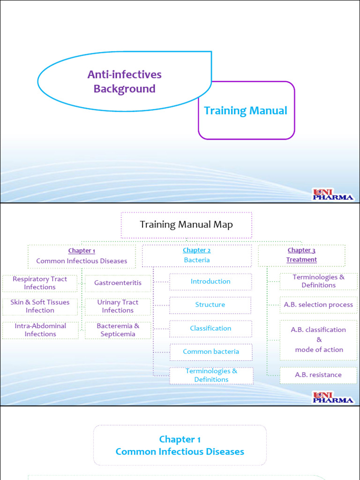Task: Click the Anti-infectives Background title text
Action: (x=124, y=82)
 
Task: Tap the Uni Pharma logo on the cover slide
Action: (x=332, y=195)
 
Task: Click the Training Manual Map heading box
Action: (x=187, y=225)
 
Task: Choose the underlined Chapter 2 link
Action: (x=196, y=250)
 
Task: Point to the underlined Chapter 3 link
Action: (x=301, y=250)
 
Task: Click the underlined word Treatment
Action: (x=301, y=260)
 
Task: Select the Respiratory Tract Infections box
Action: (x=40, y=283)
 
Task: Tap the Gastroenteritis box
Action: (x=118, y=283)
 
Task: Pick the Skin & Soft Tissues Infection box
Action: (x=40, y=307)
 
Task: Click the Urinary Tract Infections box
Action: (x=118, y=307)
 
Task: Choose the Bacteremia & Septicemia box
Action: (x=118, y=330)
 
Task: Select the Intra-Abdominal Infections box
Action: (x=40, y=330)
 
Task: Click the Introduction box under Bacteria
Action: (x=210, y=282)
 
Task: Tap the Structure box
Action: (x=210, y=305)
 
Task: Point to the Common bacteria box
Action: (x=211, y=352)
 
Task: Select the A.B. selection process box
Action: (x=318, y=305)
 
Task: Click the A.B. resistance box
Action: (x=318, y=375)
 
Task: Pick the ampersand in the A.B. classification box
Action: (x=319, y=340)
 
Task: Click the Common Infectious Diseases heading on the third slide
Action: (x=180, y=452)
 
